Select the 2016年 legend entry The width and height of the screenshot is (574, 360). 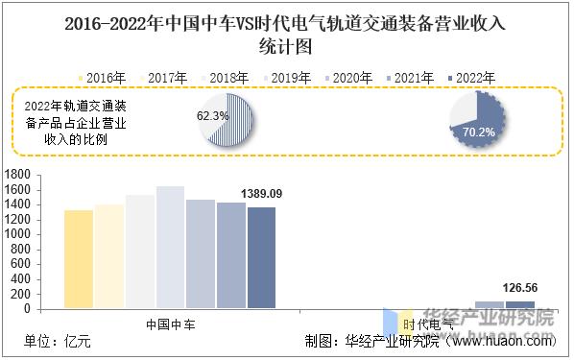tap(102, 76)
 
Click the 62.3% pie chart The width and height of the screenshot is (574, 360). tap(227, 117)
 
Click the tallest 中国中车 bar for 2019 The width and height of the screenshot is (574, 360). tap(170, 247)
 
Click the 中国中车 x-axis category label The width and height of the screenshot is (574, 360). tap(170, 324)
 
